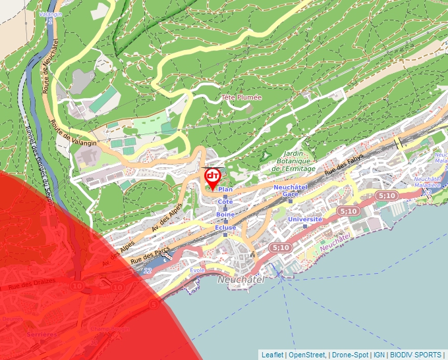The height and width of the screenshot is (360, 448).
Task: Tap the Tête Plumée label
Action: click(241, 97)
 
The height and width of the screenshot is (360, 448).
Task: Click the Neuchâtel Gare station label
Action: click(291, 190)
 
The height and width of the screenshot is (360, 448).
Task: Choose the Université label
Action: click(305, 219)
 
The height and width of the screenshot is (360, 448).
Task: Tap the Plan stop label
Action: click(225, 188)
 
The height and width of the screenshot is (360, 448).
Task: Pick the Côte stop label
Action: click(225, 201)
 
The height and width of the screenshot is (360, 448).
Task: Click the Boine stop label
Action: click(225, 215)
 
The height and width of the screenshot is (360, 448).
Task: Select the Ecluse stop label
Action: click(225, 228)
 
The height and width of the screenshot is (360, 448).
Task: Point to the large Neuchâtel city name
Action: click(240, 280)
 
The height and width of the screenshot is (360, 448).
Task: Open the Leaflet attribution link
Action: click(272, 355)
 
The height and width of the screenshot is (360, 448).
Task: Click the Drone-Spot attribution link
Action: click(350, 355)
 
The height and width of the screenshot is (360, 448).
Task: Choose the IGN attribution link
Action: click(379, 355)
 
